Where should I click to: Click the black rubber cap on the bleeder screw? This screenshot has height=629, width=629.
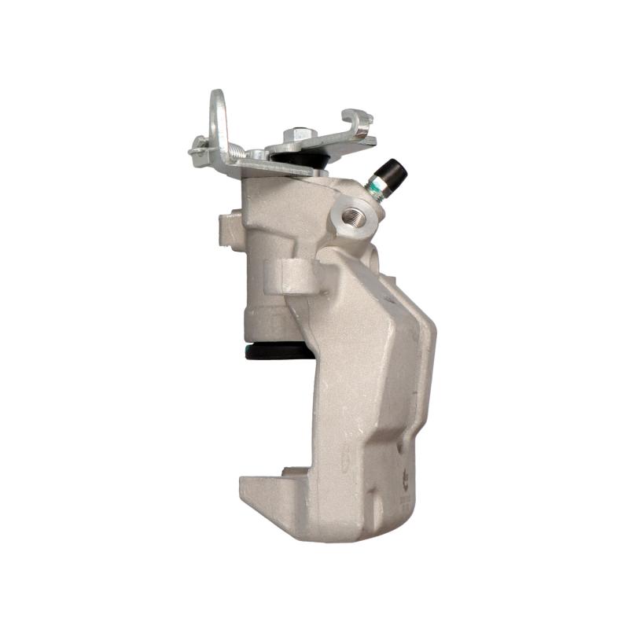(x=392, y=169)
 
